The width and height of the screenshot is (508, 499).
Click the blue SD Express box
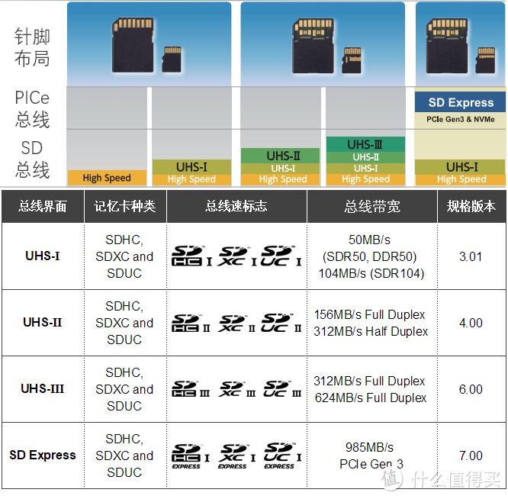(x=461, y=102)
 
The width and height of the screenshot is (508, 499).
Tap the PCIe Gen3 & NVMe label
(x=461, y=119)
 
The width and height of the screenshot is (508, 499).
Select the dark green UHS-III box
(x=365, y=144)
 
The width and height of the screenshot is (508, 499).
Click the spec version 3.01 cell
(x=471, y=256)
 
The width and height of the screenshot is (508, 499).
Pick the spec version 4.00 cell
(x=471, y=323)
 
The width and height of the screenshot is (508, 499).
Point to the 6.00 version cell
(x=471, y=389)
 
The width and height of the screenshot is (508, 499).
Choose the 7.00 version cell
(x=471, y=456)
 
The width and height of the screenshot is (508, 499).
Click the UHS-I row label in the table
(x=42, y=256)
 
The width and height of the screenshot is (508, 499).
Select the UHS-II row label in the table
(x=42, y=323)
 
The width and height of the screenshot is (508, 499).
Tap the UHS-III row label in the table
(x=42, y=389)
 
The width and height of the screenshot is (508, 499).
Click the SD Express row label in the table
(x=42, y=456)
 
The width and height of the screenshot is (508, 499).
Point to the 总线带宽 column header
(x=371, y=206)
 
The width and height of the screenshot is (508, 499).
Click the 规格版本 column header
(x=471, y=206)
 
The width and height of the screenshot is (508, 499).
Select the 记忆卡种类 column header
(x=124, y=206)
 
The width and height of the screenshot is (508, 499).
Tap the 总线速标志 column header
(x=236, y=206)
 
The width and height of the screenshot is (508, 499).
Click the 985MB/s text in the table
(x=369, y=447)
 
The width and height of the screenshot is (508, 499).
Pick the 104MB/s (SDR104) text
(x=371, y=273)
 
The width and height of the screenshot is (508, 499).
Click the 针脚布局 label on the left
(x=32, y=47)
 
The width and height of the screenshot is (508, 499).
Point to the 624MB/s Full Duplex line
(x=371, y=398)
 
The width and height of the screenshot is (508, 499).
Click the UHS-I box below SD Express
(x=461, y=166)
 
